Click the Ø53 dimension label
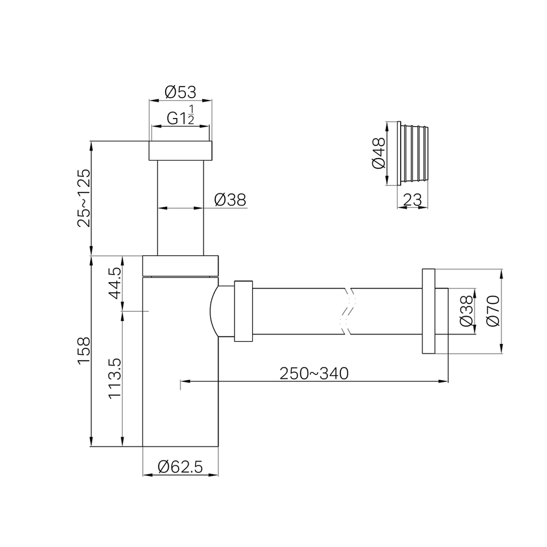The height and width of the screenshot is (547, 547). (181, 92)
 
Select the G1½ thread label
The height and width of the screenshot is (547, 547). (181, 115)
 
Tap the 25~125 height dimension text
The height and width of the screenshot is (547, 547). (84, 198)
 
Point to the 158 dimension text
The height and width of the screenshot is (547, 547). (84, 351)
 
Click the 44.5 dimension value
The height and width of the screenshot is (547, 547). (115, 283)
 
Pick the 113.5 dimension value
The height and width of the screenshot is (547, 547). (115, 378)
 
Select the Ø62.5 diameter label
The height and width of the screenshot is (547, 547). (180, 467)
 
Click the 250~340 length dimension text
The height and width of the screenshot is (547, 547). (314, 373)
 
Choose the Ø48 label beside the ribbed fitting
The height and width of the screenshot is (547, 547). (379, 153)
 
